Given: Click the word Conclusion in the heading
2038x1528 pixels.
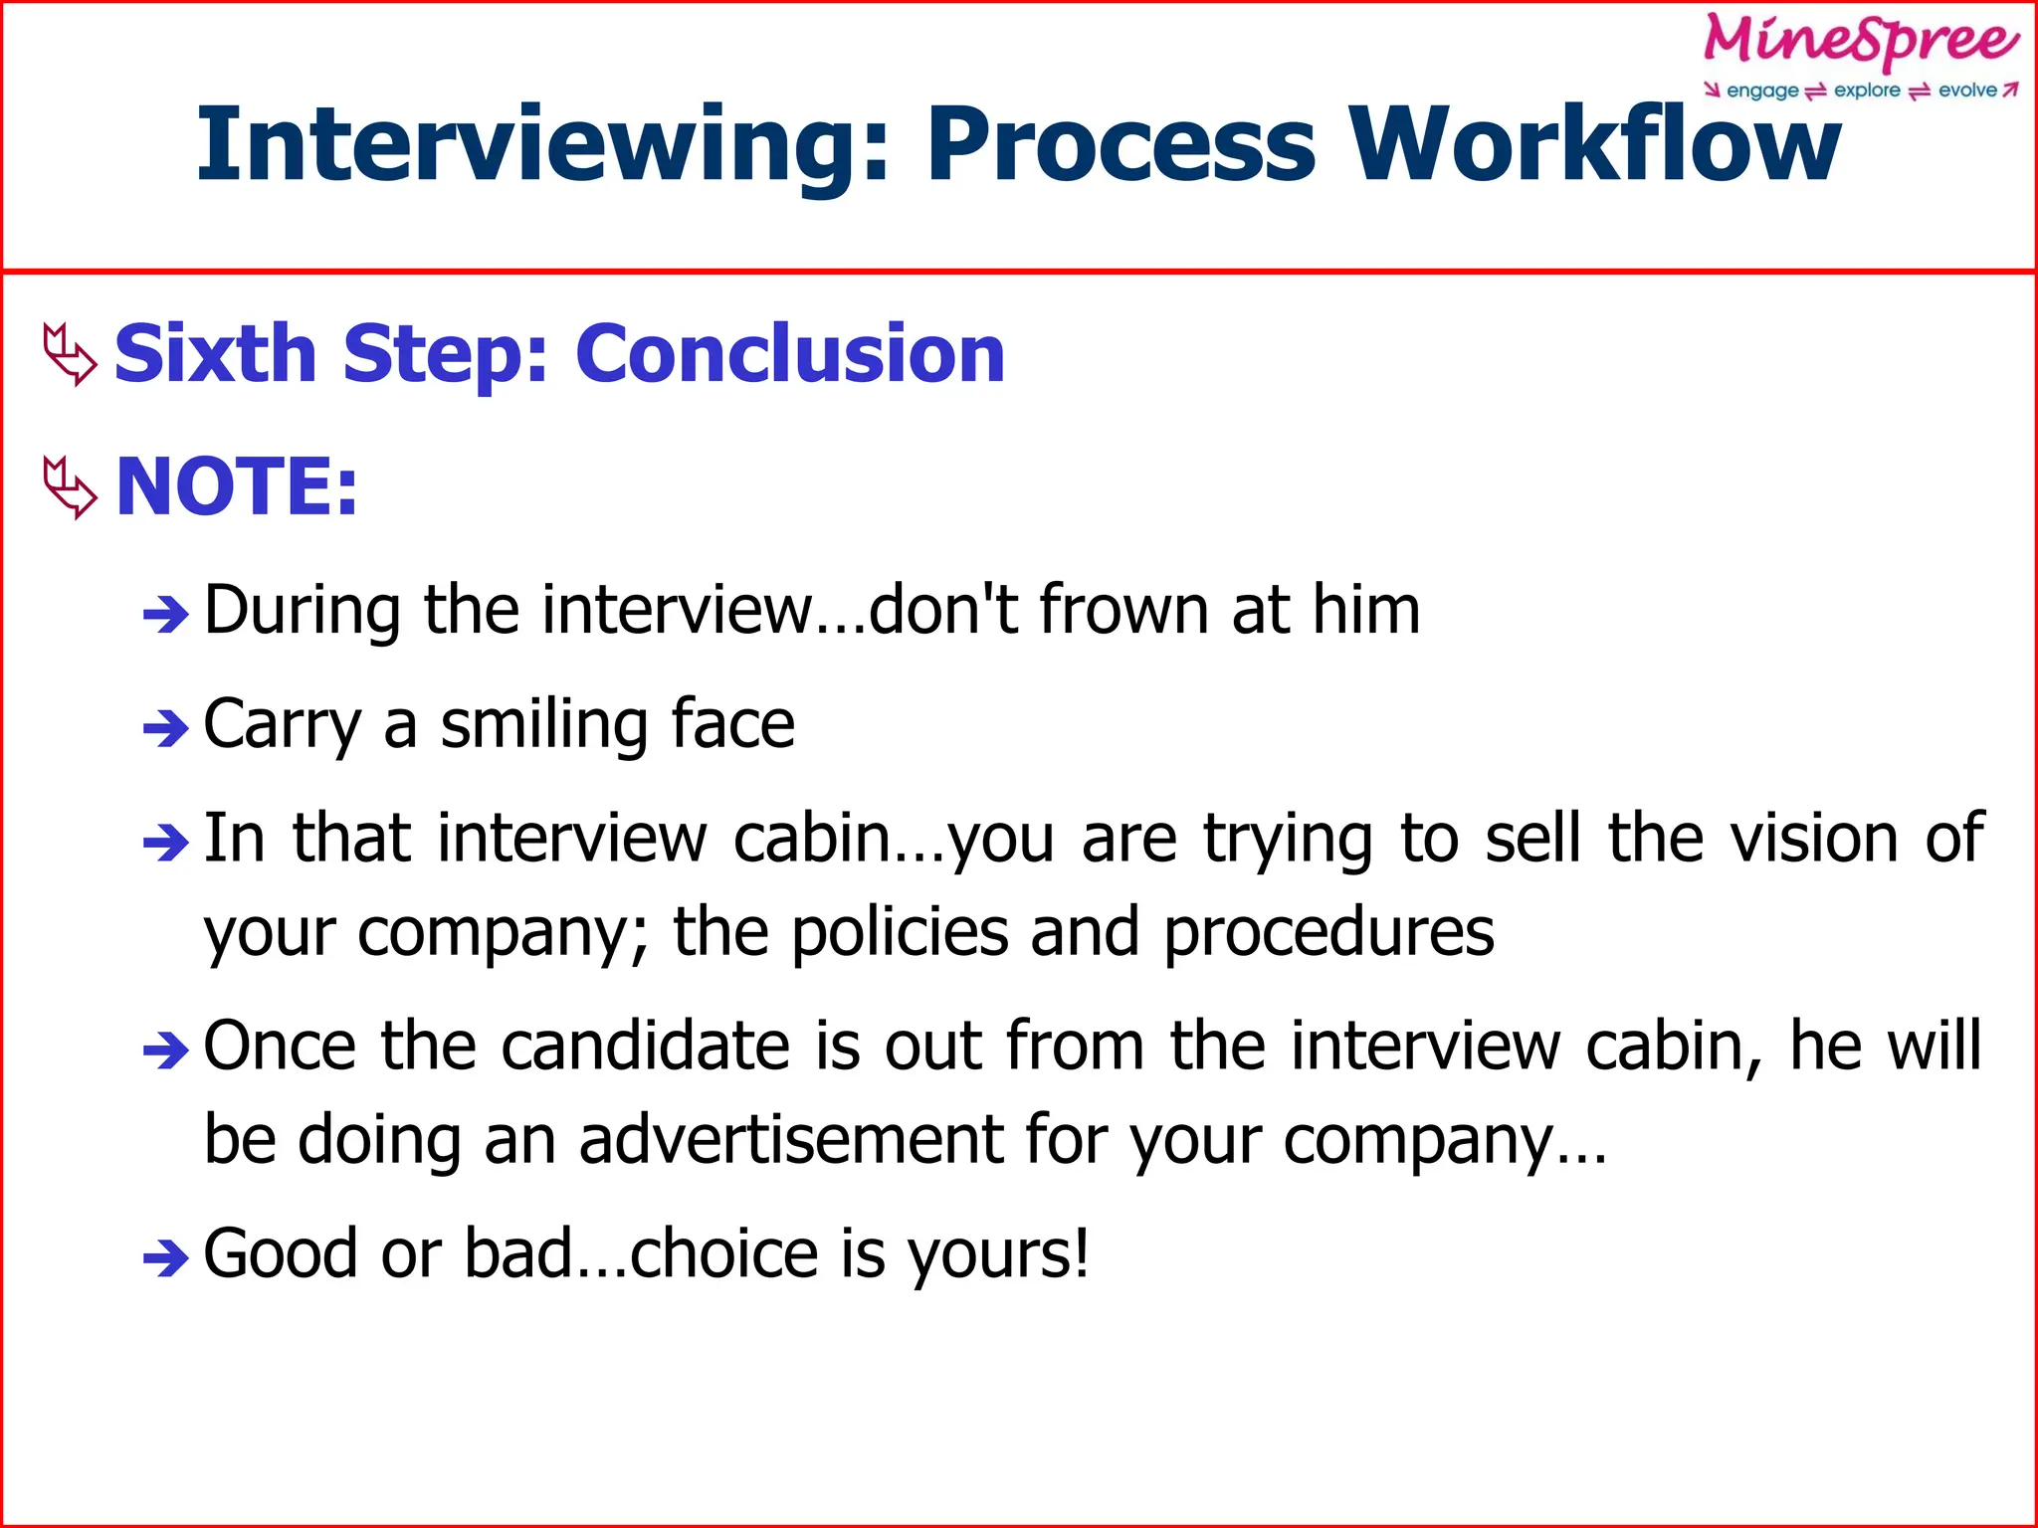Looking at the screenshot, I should [790, 354].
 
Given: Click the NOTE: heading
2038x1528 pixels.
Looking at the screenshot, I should [237, 487].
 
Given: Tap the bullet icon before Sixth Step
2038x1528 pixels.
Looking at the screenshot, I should [70, 354].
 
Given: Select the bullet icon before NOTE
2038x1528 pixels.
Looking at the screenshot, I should [70, 487].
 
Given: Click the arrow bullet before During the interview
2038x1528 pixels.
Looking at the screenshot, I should [165, 614].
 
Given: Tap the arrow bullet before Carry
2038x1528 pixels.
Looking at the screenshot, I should [165, 729].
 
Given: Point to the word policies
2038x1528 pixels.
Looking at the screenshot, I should [900, 933].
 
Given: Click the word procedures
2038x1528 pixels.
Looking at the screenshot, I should [1328, 933].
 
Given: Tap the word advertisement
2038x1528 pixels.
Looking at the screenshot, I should [791, 1140].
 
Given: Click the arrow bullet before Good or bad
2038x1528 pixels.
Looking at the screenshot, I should [165, 1259].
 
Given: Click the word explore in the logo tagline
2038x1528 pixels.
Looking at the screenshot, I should [1867, 91].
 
